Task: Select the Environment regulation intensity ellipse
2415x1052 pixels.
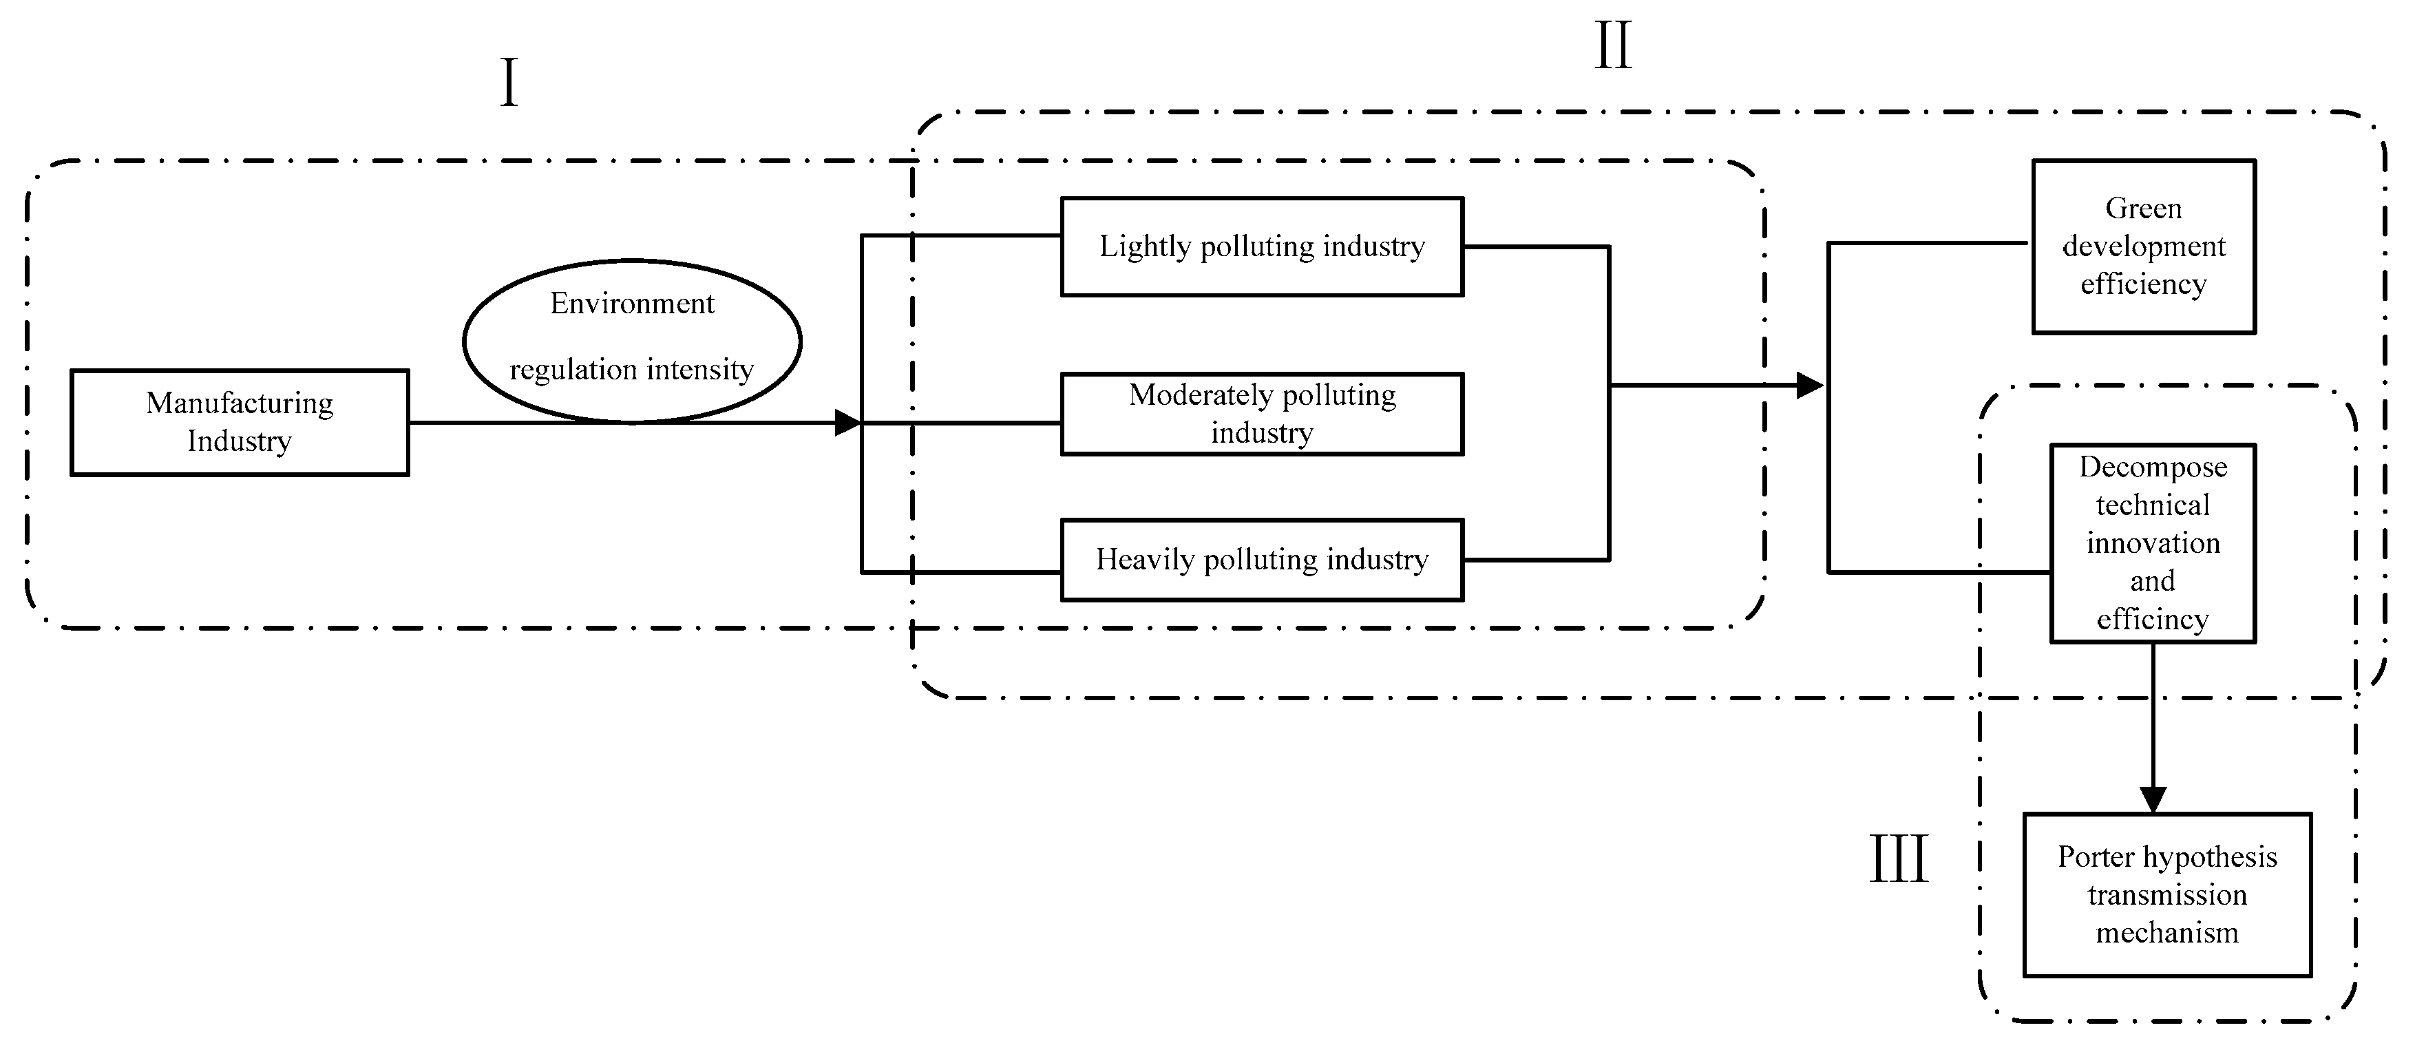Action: point(632,340)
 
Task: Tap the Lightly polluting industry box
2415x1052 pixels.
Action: point(1262,246)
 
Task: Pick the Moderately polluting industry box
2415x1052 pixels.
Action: point(1262,414)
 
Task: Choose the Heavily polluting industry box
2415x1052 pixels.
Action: point(1262,560)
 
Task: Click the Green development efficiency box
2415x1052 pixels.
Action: point(2143,246)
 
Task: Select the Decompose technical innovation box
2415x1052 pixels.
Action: point(2153,543)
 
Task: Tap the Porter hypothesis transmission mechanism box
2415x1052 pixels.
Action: point(2166,894)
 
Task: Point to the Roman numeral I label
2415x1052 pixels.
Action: point(509,83)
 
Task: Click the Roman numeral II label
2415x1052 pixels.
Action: point(1614,46)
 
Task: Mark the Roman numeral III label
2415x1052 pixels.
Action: point(1899,860)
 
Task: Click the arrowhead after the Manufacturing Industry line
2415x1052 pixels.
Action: point(847,423)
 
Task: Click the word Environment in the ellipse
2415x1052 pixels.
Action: point(632,304)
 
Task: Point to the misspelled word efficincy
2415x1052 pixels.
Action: point(2153,620)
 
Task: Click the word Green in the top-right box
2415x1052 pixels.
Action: point(2143,208)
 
